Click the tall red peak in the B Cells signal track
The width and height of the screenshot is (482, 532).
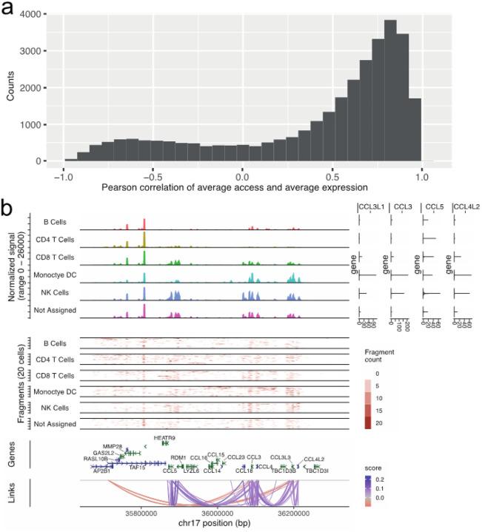tap(144, 224)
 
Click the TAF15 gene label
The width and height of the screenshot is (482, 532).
tap(137, 468)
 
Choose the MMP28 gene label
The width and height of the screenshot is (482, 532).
tap(113, 446)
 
